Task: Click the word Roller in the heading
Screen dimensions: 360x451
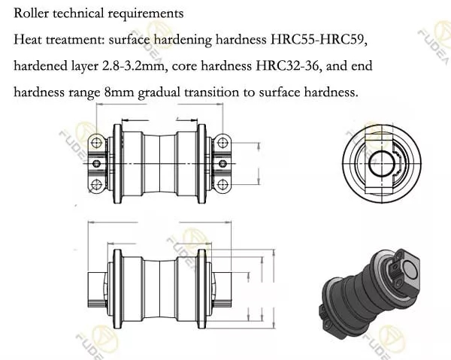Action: (x=31, y=14)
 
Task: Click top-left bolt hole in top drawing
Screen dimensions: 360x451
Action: (x=96, y=142)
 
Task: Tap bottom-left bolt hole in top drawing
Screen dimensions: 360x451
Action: (x=96, y=183)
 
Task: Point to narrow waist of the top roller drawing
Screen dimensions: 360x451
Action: (x=159, y=162)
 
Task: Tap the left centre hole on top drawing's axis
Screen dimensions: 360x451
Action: (x=98, y=162)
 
